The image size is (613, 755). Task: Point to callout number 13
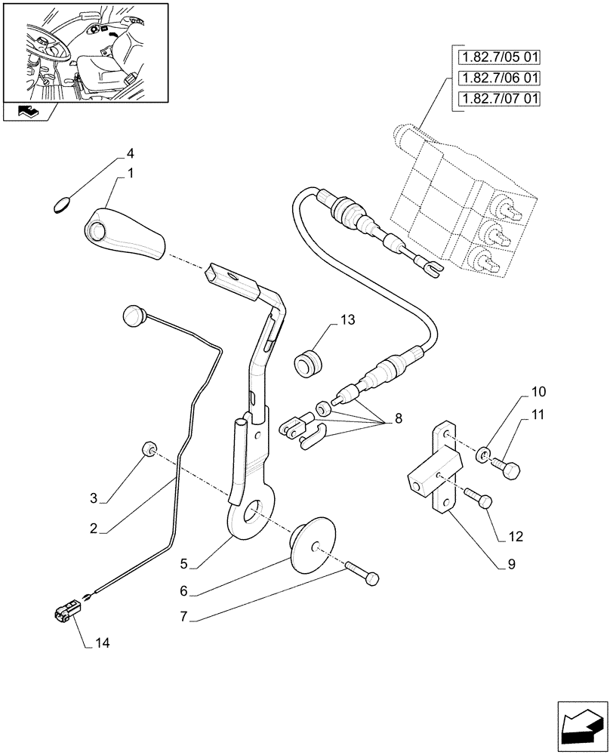pyautogui.click(x=347, y=320)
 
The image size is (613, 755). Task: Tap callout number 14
pyautogui.click(x=103, y=643)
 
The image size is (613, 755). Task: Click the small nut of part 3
pyautogui.click(x=149, y=451)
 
